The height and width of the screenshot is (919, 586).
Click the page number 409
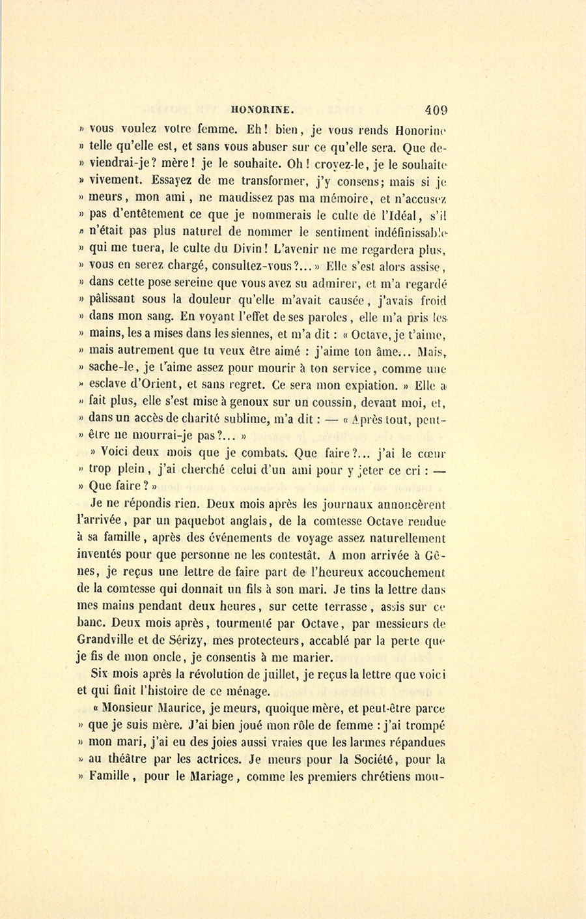[x=435, y=109]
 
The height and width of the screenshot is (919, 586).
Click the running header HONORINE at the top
[x=258, y=110]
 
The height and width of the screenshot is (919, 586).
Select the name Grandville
[x=113, y=639]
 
